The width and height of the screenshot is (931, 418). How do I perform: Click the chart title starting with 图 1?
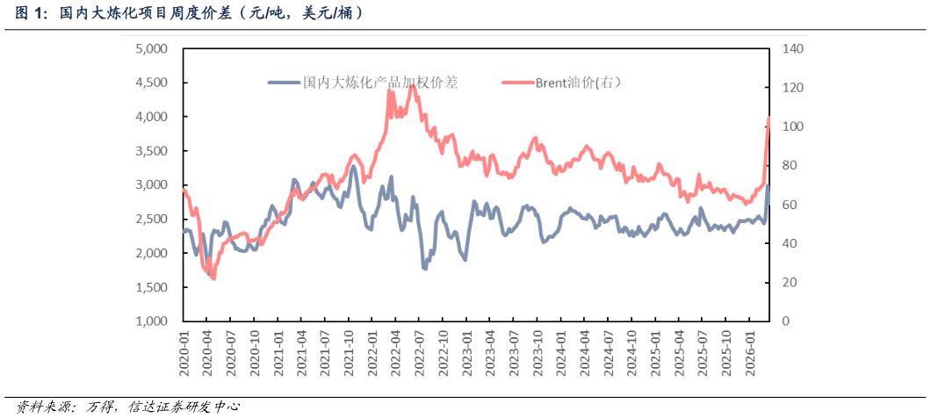[189, 13]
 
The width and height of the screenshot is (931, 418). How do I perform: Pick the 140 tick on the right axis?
[792, 49]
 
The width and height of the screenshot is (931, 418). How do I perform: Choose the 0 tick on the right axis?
[787, 321]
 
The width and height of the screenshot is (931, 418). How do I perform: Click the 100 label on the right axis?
[792, 127]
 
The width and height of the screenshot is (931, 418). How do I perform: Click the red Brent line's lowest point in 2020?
[213, 278]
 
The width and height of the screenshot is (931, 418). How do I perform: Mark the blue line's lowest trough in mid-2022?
[425, 268]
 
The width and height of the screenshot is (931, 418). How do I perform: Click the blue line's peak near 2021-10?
[354, 166]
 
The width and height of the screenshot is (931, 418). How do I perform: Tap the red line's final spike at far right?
[769, 118]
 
